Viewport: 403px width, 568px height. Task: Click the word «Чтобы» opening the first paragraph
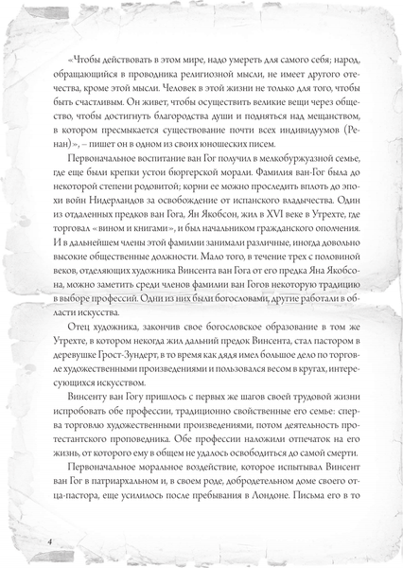pyautogui.click(x=84, y=52)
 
